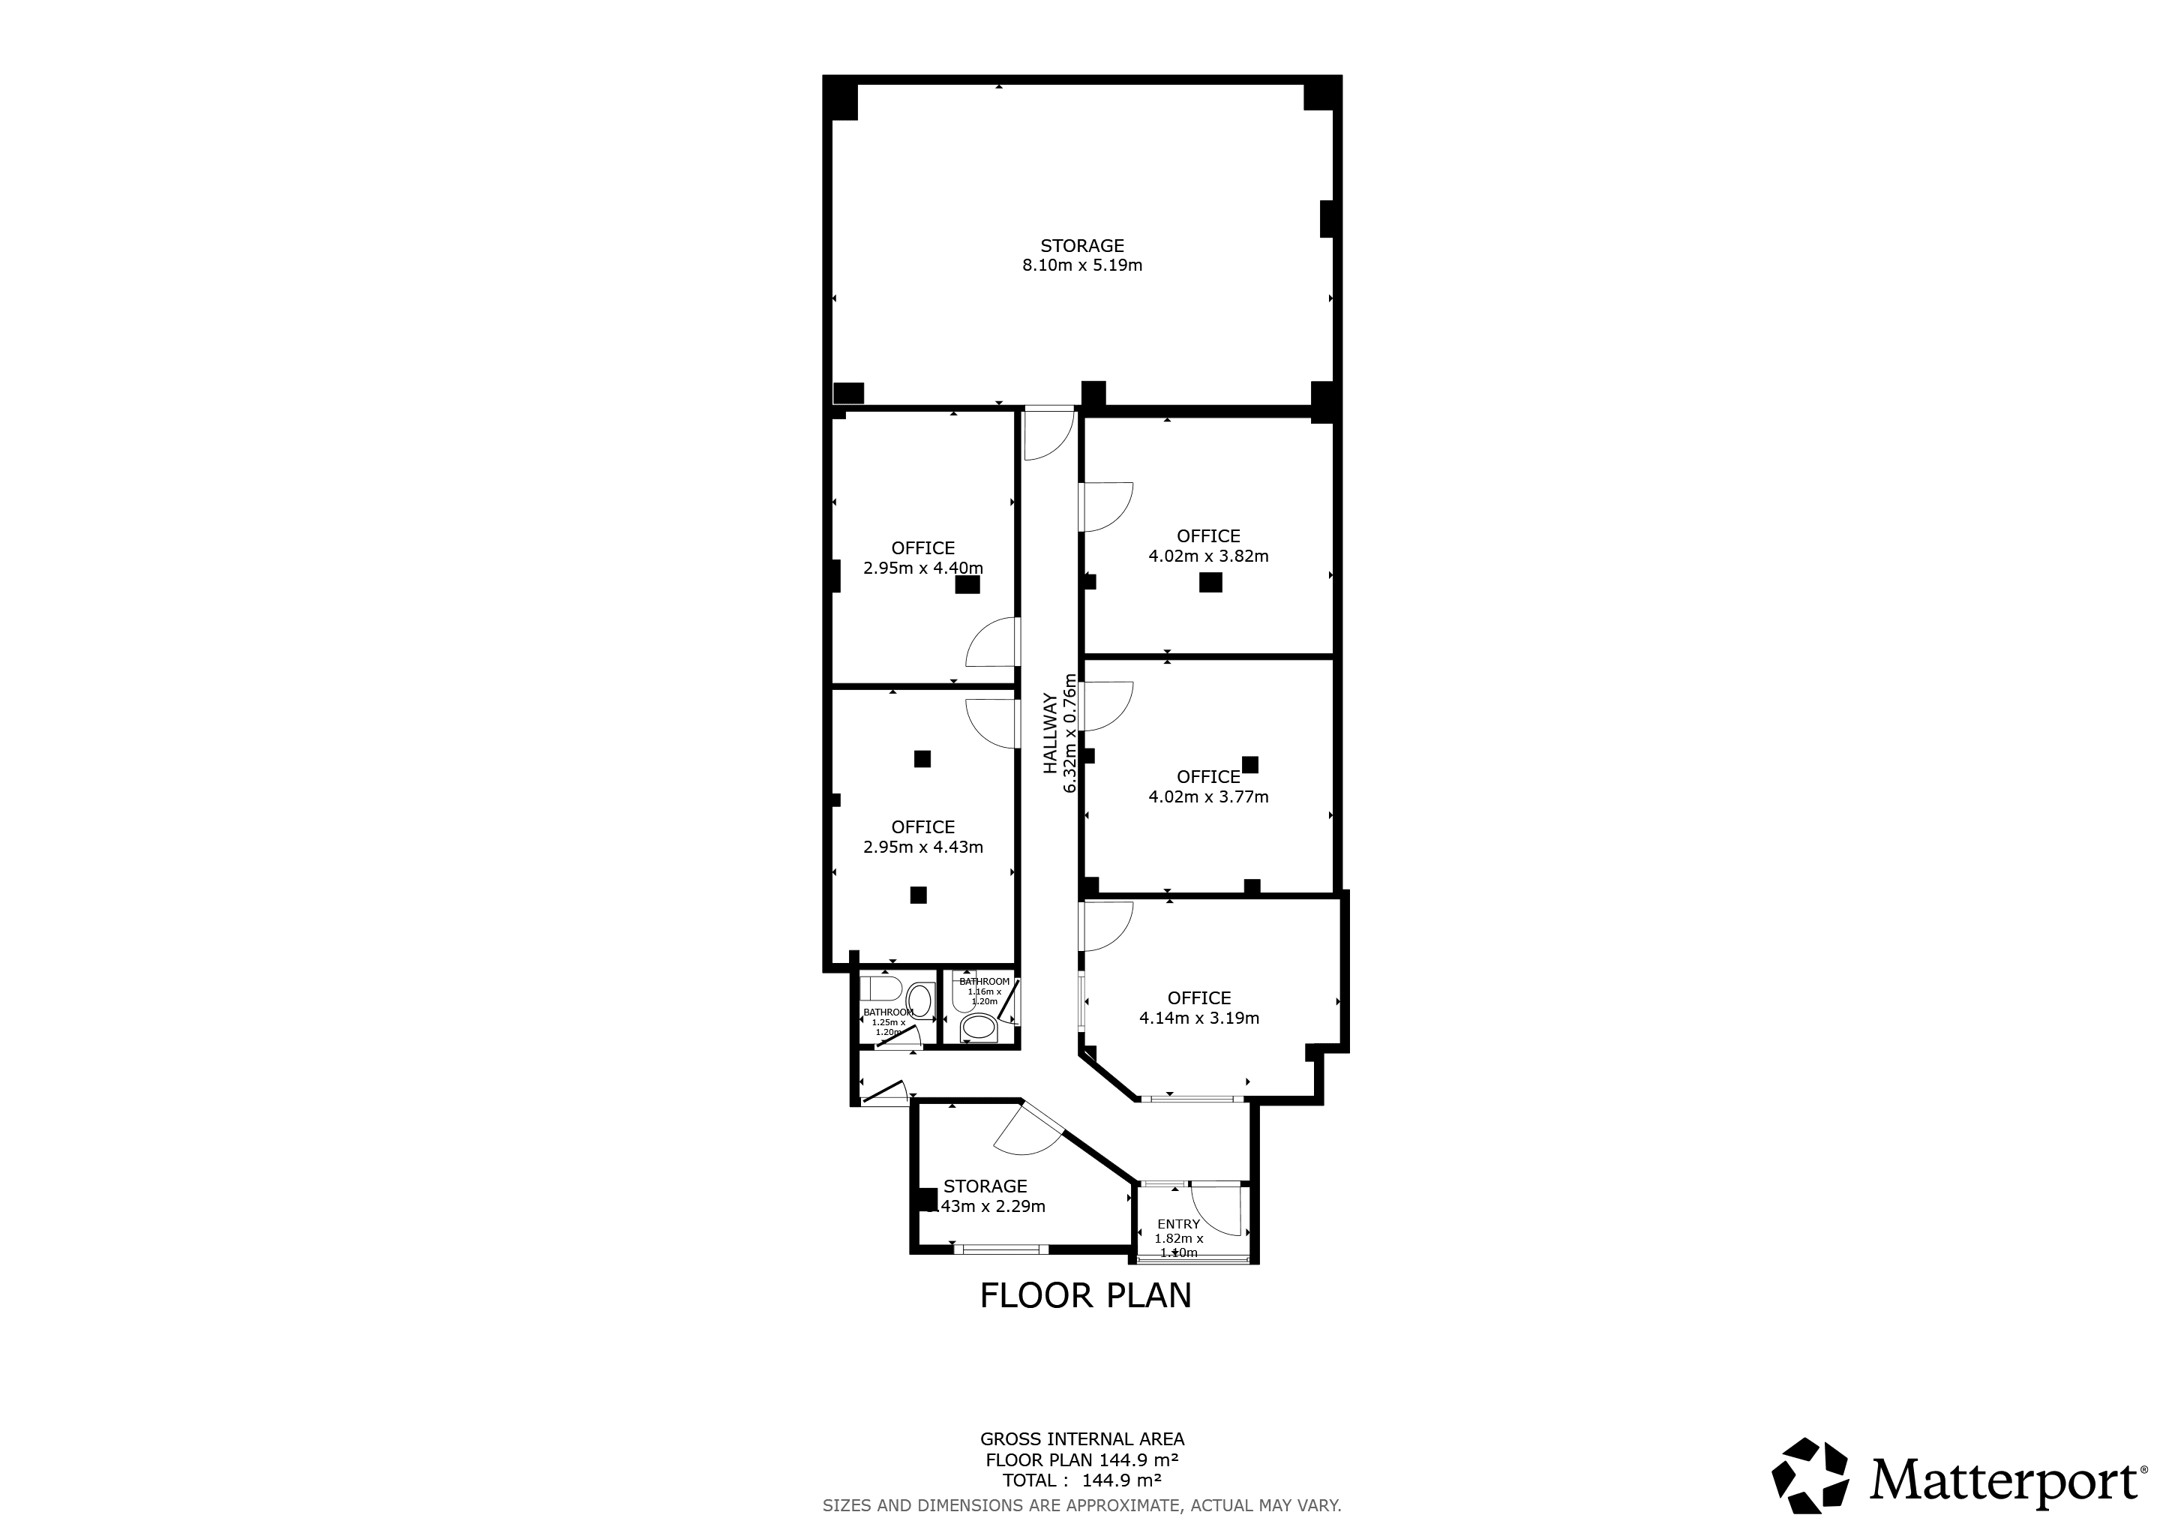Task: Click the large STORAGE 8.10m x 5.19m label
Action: (1082, 255)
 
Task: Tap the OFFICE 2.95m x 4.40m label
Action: (922, 558)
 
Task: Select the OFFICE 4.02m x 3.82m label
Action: (1208, 546)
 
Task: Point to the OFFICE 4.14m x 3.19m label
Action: (1198, 1008)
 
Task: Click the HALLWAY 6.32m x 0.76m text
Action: (1060, 733)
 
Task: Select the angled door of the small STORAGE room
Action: (1031, 1135)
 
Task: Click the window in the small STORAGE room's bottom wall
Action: (1000, 1249)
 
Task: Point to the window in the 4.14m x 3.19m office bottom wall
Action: (1192, 1099)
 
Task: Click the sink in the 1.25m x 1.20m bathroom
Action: (919, 1000)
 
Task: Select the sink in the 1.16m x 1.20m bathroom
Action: (978, 1029)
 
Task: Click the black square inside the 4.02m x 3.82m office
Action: (1210, 583)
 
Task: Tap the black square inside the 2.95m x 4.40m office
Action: (967, 584)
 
